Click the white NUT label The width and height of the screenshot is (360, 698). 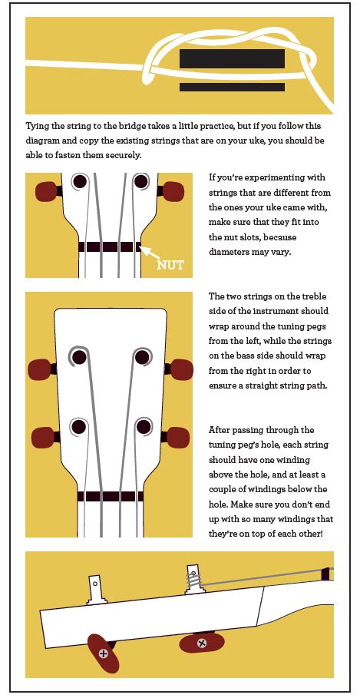click(x=170, y=266)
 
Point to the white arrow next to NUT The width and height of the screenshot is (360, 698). click(x=150, y=253)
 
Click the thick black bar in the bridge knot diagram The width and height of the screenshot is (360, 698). click(x=232, y=59)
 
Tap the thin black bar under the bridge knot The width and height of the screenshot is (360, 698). click(x=232, y=88)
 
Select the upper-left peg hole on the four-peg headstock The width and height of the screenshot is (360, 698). click(x=79, y=357)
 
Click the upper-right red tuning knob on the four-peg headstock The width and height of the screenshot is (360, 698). click(x=181, y=369)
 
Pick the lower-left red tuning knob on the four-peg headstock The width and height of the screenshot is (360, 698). click(x=43, y=437)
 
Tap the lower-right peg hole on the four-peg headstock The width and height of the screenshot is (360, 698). click(x=144, y=426)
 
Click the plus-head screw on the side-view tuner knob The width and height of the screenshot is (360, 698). click(x=103, y=653)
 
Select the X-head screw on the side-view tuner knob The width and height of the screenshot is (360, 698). click(x=202, y=643)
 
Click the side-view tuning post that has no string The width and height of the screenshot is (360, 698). click(x=96, y=590)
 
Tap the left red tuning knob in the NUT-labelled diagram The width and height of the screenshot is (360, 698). click(x=47, y=191)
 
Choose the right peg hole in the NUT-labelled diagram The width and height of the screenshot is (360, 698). click(x=141, y=181)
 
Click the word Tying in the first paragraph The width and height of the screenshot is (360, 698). click(x=38, y=127)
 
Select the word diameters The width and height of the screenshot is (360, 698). click(x=228, y=252)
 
